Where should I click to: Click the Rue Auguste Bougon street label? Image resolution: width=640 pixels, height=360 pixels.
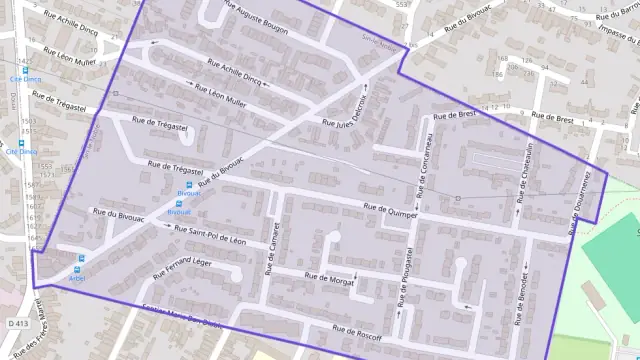256,19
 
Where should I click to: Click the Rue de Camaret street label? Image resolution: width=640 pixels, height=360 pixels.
270,247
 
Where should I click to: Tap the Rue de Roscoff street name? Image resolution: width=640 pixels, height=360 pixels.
357,331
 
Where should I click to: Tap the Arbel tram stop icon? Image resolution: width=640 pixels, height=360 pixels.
81,258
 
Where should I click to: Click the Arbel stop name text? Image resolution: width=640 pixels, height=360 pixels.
79,271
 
